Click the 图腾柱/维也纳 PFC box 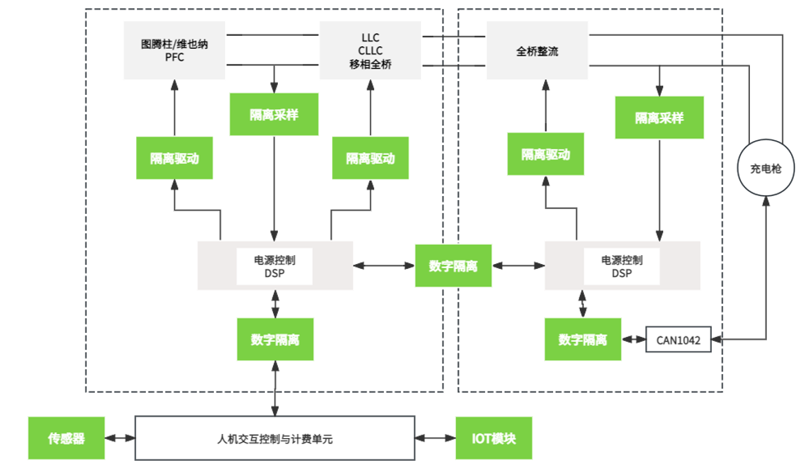174,50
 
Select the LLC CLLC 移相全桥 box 370,50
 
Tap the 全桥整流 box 537,50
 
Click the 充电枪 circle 766,168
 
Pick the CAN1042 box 679,340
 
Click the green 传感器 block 66,438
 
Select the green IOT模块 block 494,438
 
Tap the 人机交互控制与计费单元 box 275,438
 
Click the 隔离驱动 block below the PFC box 174,157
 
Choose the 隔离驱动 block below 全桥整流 545,153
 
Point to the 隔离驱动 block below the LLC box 370,157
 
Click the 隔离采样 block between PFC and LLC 274,114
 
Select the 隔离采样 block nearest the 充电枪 660,118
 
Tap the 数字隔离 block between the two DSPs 453,265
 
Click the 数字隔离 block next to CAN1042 583,339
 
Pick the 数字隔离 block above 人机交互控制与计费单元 275,339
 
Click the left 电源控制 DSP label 274,266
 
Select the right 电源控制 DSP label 622,266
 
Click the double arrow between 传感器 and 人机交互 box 120,438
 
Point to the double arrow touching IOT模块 435,438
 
